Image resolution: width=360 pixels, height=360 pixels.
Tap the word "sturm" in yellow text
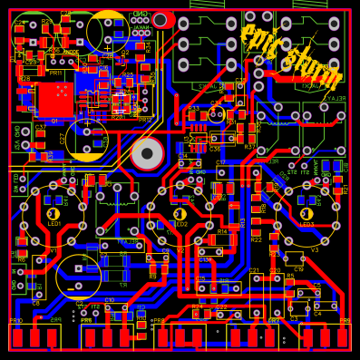click(x=308, y=64)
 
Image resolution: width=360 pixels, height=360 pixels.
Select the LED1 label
click(x=54, y=223)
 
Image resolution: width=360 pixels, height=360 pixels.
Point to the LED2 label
click(x=181, y=224)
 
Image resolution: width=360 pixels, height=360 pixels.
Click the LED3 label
click(x=306, y=224)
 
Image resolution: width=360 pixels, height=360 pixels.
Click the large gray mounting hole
click(x=147, y=153)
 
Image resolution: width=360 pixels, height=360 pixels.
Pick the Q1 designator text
click(x=54, y=121)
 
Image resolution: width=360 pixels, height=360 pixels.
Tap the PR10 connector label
click(x=16, y=321)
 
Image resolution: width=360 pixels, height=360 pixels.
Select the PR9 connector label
click(x=345, y=321)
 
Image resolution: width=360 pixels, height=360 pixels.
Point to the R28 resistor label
click(x=24, y=79)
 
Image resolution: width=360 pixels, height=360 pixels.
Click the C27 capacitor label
click(x=63, y=138)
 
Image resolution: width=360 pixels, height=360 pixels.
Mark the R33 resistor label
click(x=193, y=108)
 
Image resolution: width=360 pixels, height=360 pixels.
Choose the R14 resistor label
click(x=222, y=231)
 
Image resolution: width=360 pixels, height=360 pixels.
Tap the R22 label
click(x=257, y=240)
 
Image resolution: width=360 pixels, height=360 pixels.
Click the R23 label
click(x=274, y=255)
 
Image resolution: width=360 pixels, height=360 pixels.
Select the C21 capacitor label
click(x=254, y=270)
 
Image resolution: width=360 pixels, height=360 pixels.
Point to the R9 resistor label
click(x=152, y=276)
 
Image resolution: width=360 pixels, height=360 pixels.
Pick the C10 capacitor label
click(x=110, y=300)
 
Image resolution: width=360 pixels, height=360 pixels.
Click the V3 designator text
click(x=316, y=250)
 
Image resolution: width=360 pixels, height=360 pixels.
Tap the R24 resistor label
click(x=197, y=307)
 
